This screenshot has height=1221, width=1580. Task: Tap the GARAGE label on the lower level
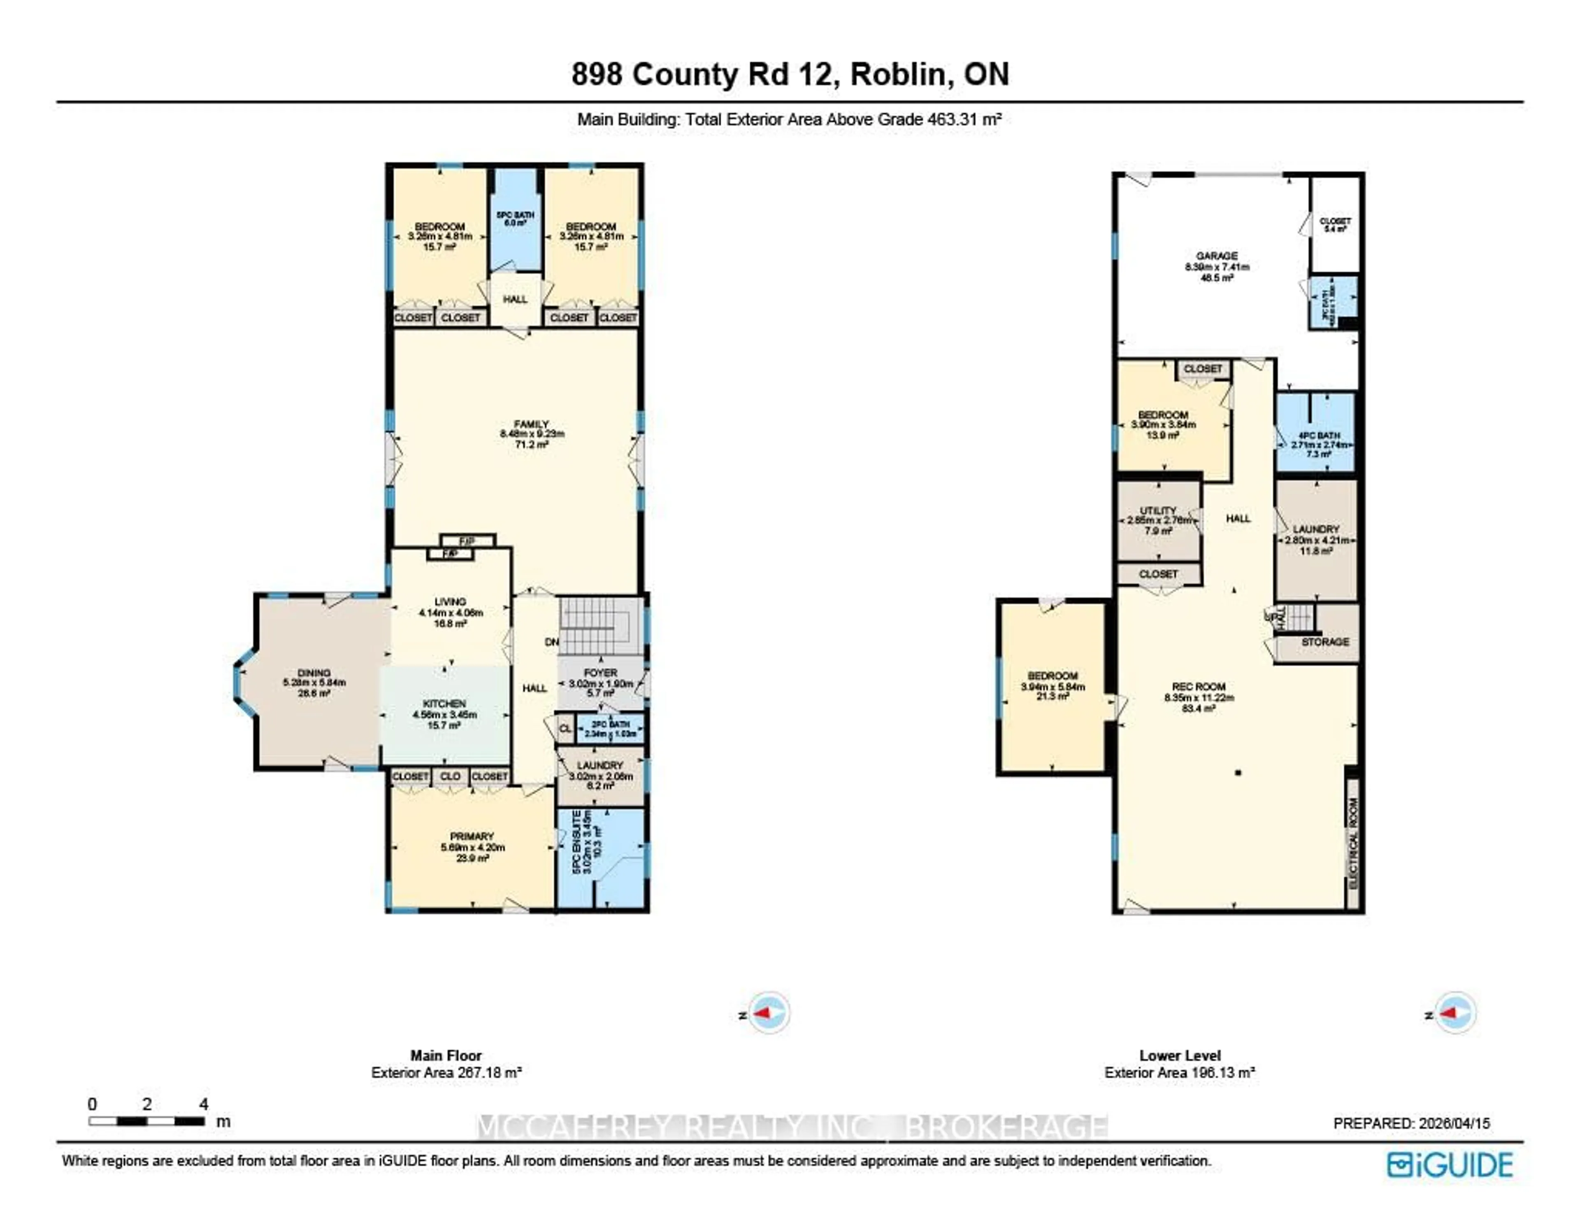(x=1216, y=256)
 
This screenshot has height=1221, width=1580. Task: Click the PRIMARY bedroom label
(x=472, y=837)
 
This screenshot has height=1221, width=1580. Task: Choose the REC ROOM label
(x=1199, y=687)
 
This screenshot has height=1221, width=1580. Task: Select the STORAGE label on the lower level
(x=1324, y=642)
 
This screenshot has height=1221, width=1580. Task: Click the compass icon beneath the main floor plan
(x=768, y=1013)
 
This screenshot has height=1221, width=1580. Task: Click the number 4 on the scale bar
(x=204, y=1104)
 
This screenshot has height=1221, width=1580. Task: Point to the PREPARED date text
(x=1411, y=1123)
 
